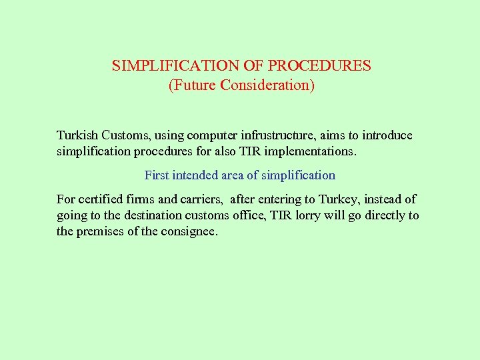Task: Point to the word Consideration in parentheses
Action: (x=265, y=86)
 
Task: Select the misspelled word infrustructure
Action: (x=263, y=135)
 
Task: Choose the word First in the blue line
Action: (x=157, y=175)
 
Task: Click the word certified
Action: (x=100, y=199)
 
